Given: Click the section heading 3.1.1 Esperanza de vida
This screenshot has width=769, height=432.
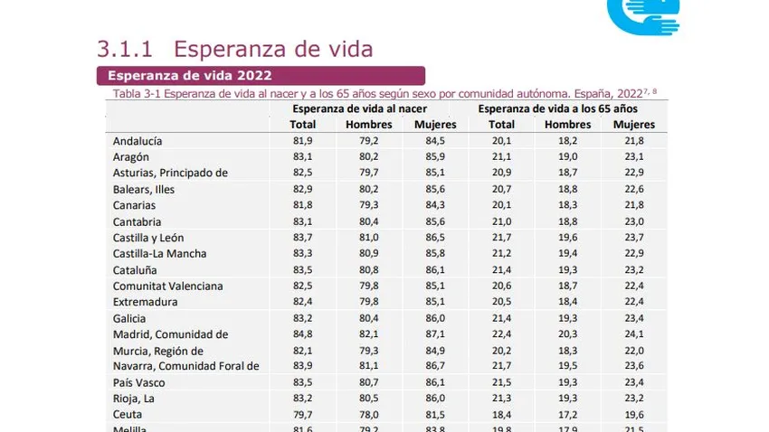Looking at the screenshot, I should (x=234, y=49).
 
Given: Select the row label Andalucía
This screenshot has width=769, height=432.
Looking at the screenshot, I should (x=138, y=141).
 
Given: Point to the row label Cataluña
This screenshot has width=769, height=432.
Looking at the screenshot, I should (x=135, y=270).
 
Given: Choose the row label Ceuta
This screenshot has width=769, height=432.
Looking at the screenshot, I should (x=128, y=415).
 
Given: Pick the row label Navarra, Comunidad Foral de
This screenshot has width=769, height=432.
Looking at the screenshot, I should (x=186, y=366).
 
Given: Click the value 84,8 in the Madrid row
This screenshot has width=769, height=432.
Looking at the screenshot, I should (x=303, y=334).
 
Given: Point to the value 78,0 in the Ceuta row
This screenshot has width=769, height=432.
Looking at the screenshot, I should (x=369, y=415).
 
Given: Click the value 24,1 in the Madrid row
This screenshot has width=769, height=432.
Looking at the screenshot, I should (x=635, y=334).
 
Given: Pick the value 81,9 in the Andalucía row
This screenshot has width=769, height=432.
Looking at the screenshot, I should (x=303, y=141).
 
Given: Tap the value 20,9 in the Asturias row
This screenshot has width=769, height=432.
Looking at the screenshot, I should (x=501, y=174).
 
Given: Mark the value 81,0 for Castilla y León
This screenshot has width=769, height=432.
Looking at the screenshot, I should (x=369, y=238).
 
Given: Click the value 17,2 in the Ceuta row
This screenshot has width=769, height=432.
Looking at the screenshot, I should (x=568, y=415).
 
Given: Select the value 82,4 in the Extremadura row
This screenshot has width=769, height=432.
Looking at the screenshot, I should (x=303, y=302).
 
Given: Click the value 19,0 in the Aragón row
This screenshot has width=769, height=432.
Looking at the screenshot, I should (x=568, y=157).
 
